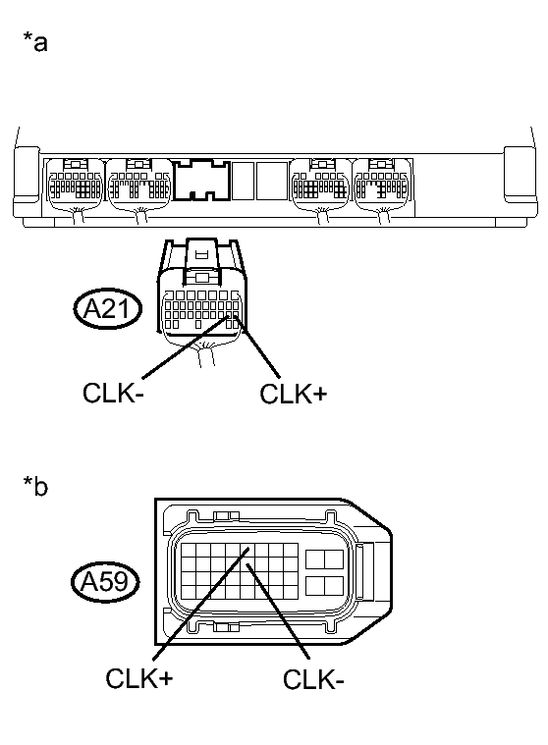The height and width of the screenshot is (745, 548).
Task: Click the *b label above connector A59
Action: point(34,488)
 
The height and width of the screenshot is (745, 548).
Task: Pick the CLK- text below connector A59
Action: point(313,678)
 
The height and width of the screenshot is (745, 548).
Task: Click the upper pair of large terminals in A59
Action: point(322,560)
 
